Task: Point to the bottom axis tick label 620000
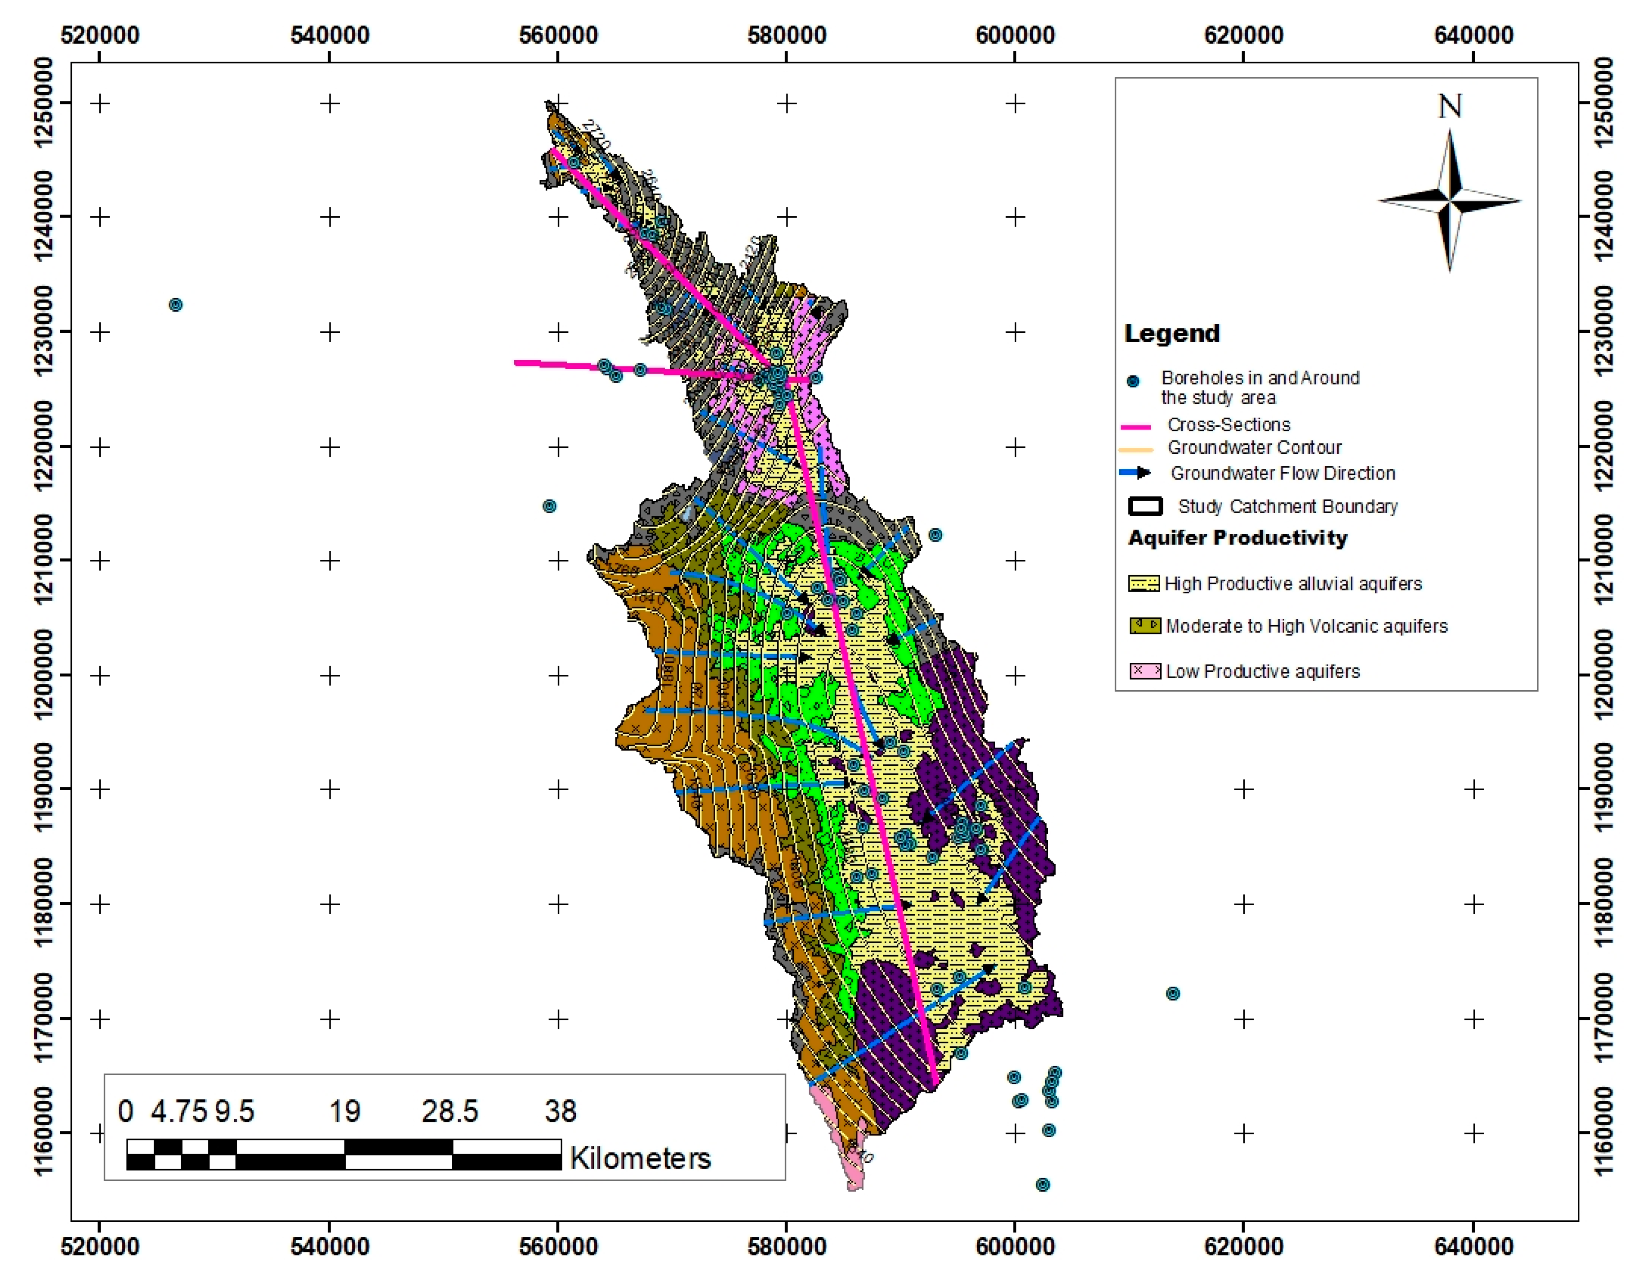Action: pyautogui.click(x=1243, y=1247)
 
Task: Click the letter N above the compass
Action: pyautogui.click(x=1450, y=107)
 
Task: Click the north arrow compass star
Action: pyautogui.click(x=1450, y=201)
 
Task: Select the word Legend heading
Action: pyautogui.click(x=1172, y=333)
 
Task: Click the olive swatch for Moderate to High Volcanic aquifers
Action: pyautogui.click(x=1145, y=625)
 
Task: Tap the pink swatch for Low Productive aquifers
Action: pyautogui.click(x=1145, y=671)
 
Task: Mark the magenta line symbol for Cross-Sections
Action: pyautogui.click(x=1135, y=426)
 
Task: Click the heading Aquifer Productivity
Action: pyautogui.click(x=1237, y=538)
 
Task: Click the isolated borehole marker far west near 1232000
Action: pyautogui.click(x=176, y=305)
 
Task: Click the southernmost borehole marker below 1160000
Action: pyautogui.click(x=1042, y=1184)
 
